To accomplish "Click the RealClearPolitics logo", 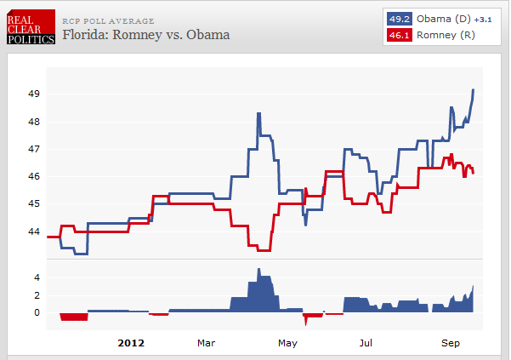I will click(x=31, y=27).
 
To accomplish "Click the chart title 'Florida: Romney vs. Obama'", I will click(x=145, y=36).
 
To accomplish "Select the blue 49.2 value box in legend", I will click(x=398, y=18).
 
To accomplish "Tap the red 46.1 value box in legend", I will click(x=398, y=35).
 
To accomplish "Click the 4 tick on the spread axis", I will click(x=37, y=277).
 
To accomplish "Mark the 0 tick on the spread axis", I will click(x=37, y=312).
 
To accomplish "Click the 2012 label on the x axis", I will click(x=130, y=344).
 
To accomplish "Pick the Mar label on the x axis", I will click(x=206, y=344).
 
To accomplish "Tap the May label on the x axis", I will click(x=287, y=344).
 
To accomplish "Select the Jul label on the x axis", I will click(x=366, y=344).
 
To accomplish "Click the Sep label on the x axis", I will click(x=451, y=344).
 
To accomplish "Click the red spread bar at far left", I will click(x=74, y=317).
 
